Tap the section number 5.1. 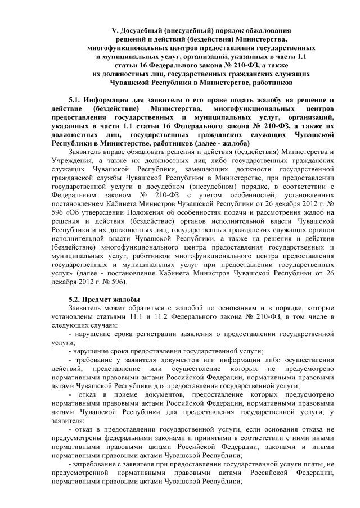[75, 100]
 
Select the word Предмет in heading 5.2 [101, 299]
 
